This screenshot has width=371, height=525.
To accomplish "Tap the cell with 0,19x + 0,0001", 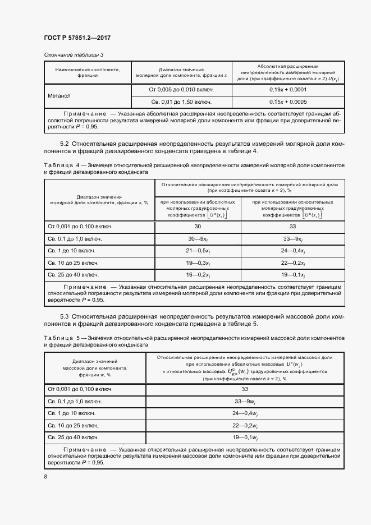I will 287,89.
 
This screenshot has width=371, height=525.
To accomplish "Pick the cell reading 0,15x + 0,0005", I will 287,102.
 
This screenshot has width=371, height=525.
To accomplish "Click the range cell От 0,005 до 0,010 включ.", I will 181,89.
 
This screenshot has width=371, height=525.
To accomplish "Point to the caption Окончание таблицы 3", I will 74,54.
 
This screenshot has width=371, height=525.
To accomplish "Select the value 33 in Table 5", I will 245,389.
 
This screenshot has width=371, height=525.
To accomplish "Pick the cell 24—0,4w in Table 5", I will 245,413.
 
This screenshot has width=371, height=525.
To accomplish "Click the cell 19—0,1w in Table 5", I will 245,437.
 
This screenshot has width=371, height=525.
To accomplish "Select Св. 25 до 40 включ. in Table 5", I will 74,437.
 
